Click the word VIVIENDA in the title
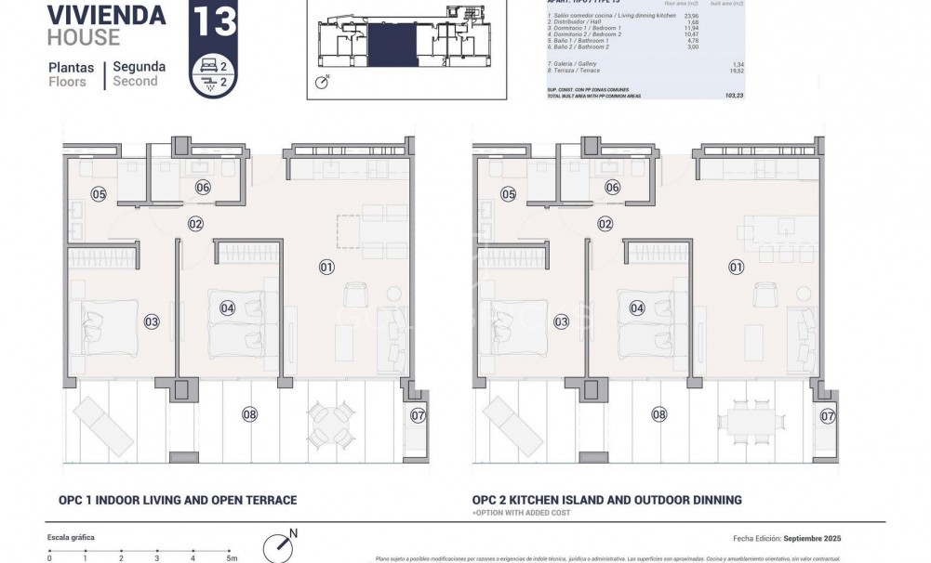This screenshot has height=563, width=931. tap(106, 16)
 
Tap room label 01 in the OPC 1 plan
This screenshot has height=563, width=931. tap(326, 268)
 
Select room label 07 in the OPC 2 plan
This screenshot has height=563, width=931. tap(827, 416)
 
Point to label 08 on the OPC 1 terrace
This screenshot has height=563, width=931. tap(249, 414)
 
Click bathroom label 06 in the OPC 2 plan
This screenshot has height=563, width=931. tap(612, 187)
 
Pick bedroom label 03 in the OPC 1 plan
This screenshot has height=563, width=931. tap(152, 321)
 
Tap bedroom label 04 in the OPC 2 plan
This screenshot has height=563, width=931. tap(637, 308)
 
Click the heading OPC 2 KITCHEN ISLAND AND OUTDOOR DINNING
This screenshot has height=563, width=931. tap(606, 500)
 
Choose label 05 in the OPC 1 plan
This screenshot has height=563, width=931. tap(99, 194)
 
